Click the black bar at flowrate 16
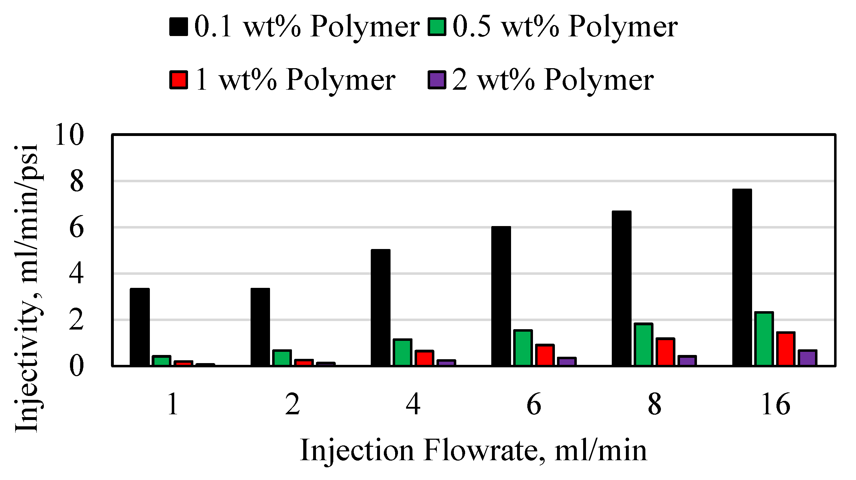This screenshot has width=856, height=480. (742, 277)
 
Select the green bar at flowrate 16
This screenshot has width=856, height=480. (764, 339)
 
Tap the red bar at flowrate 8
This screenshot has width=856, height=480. (665, 352)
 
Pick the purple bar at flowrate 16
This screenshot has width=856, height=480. (807, 358)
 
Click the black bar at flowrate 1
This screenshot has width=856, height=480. (140, 327)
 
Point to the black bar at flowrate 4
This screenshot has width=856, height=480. (381, 308)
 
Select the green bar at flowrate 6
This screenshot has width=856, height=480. (523, 348)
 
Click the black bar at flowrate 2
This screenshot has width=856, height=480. (260, 327)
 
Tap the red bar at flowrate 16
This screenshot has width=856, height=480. (785, 349)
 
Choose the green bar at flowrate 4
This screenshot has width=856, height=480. (403, 352)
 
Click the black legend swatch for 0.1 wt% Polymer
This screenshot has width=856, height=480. (178, 27)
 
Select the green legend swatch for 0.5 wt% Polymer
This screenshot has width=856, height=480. (437, 27)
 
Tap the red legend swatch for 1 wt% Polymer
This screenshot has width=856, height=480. (178, 80)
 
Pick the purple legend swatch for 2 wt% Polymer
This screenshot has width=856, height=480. (437, 80)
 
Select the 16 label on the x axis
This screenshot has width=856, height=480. (775, 404)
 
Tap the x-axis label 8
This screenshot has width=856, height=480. (655, 404)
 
